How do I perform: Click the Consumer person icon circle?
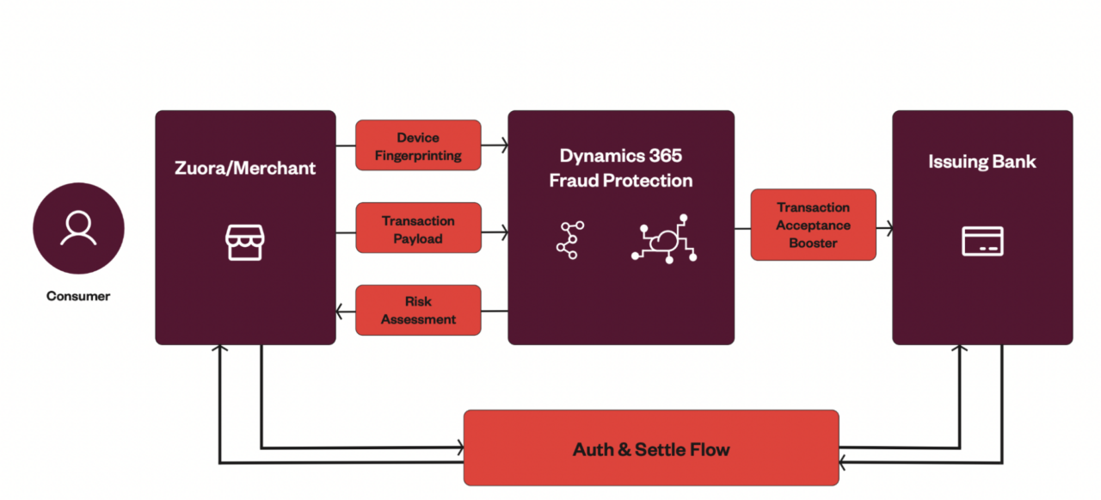click(x=78, y=228)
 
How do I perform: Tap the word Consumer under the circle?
click(x=78, y=296)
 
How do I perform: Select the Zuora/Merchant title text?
click(x=245, y=169)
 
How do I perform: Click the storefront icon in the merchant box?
click(x=244, y=243)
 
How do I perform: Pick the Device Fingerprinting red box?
click(x=418, y=145)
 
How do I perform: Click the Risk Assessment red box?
click(x=418, y=310)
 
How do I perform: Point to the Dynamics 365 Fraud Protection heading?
click(x=620, y=168)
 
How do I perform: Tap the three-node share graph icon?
click(x=569, y=240)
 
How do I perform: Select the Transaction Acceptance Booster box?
click(x=813, y=225)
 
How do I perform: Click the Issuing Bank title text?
click(x=981, y=162)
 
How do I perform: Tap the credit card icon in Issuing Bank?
click(x=982, y=242)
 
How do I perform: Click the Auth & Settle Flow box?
click(x=650, y=448)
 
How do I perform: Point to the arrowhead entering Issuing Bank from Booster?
click(x=888, y=229)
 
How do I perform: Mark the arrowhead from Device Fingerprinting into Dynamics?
click(x=503, y=146)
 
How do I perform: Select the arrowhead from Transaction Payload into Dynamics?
click(x=503, y=231)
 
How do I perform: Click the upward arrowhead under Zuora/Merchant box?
click(x=220, y=349)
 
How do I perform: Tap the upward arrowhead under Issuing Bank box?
click(x=960, y=349)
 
